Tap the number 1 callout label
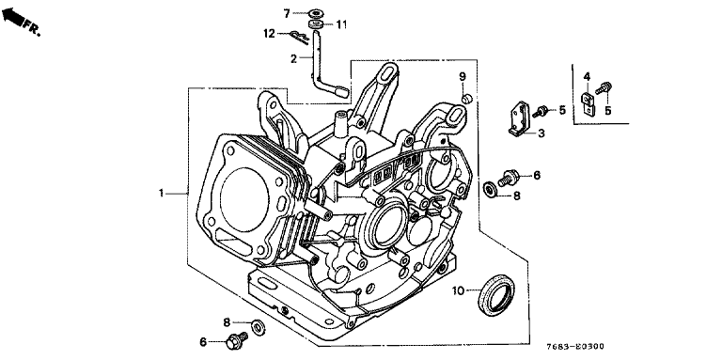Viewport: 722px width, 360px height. pos(162,194)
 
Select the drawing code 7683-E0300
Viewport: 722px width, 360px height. pos(575,346)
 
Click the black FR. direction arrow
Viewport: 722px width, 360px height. pos(13,17)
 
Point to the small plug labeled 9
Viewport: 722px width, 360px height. pos(467,98)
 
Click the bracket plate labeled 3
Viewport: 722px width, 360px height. pos(518,119)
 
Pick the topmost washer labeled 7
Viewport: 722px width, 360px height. pos(316,13)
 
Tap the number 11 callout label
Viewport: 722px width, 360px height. pos(341,24)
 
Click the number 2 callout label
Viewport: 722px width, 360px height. pos(294,58)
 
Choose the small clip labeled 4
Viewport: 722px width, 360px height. pos(588,104)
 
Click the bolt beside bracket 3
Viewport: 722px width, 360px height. pos(540,112)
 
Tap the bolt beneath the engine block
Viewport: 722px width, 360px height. pos(237,340)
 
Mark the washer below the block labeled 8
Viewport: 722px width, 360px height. pos(259,327)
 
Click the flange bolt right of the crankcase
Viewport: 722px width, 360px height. pos(509,178)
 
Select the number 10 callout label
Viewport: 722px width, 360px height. pos(458,290)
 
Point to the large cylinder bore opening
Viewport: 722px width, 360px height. pos(244,199)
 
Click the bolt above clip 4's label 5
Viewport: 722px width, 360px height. pos(604,87)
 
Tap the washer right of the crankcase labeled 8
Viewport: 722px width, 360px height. pos(490,189)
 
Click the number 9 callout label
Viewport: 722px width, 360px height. pos(463,76)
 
